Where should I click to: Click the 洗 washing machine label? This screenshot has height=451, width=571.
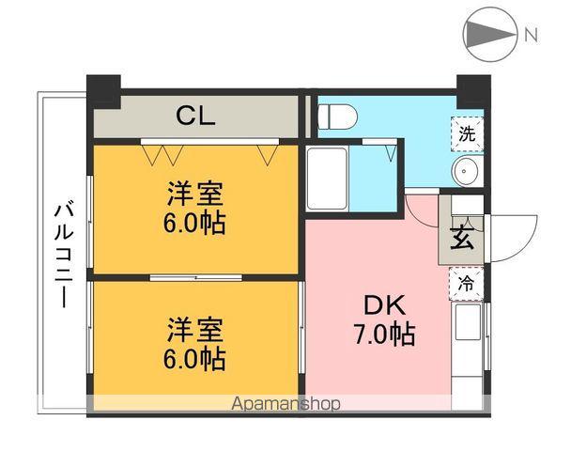coord(466,133)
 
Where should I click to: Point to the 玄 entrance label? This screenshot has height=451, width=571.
coord(463,237)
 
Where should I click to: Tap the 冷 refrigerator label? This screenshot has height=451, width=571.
coord(466,281)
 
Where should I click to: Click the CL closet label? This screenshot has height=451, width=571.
coord(197,117)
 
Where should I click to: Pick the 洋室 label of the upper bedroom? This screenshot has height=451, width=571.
coord(196,195)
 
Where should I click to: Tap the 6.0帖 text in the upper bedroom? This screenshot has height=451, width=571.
coord(196,224)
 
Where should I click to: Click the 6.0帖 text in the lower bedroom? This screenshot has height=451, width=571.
coord(196,358)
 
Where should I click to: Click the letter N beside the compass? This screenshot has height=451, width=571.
coord(531,36)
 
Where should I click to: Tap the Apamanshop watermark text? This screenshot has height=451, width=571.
coord(285,404)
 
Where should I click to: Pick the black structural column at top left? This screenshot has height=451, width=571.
coord(103,89)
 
